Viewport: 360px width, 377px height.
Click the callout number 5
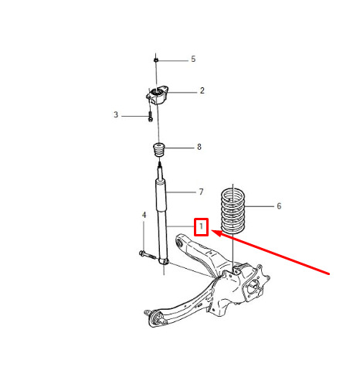coord(193,59)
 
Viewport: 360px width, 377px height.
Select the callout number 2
coord(202,90)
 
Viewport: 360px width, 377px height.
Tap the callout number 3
coord(116,114)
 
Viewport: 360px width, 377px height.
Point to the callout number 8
coord(199,147)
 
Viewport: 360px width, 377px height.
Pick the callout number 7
coord(201,192)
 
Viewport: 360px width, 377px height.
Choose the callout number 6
coord(279,206)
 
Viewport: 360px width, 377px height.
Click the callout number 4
coord(144,215)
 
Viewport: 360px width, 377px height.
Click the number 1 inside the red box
coord(201,226)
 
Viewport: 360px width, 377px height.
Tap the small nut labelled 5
coord(156,60)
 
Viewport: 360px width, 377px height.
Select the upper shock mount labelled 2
coord(158,95)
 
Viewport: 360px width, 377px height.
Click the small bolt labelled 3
coord(151,117)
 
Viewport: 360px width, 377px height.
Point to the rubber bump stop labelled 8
coord(159,151)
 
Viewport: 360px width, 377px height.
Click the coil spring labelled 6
coord(233,211)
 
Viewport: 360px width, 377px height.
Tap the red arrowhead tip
coord(212,230)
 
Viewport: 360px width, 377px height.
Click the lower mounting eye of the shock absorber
coord(164,261)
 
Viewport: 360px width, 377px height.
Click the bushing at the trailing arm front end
coord(156,318)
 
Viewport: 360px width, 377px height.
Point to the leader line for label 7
coord(181,192)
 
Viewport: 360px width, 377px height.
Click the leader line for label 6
coord(260,206)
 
